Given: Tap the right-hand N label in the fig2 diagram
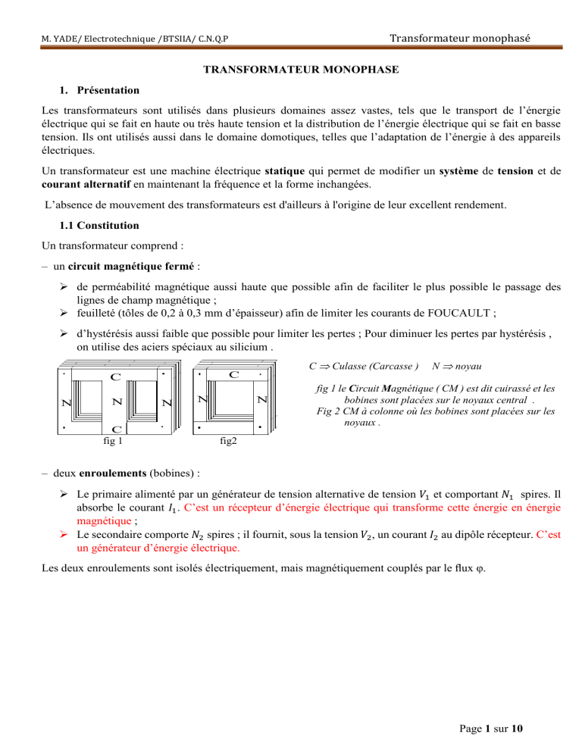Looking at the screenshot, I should pos(261,398).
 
